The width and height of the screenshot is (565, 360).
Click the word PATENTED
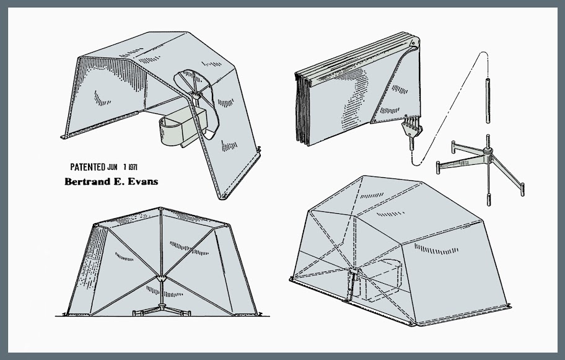tap(87, 167)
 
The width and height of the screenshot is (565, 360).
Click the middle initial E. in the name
tap(116, 182)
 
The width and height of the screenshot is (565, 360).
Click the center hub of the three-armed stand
tap(488, 151)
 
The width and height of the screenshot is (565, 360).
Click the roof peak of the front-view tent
tap(160, 209)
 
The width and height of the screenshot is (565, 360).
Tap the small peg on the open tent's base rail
tap(259, 149)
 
